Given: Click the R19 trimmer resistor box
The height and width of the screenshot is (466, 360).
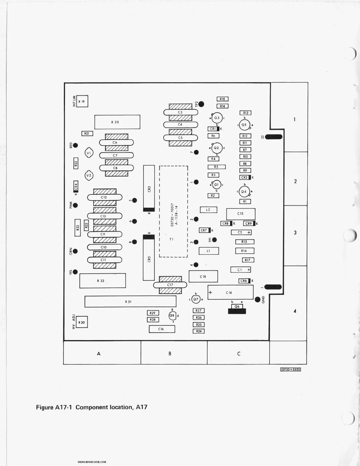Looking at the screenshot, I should pos(82,101).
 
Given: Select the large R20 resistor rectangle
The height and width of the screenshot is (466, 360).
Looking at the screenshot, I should pos(117,122).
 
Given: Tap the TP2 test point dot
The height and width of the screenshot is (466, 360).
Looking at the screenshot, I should pos(201,104).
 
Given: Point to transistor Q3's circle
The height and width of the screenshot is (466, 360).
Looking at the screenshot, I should pos(217,118).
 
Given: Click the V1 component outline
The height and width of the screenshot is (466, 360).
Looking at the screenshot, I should pos(89,153).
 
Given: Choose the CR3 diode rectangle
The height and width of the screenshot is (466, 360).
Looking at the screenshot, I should pos(149,189).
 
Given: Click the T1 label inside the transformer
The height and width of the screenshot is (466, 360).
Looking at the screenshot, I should pos(171,239).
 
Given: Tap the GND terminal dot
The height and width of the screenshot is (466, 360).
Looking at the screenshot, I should pos(258,299).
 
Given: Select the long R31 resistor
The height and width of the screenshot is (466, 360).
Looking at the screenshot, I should pos(130,302).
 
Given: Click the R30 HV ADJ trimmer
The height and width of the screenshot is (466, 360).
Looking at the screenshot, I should pos(82,322).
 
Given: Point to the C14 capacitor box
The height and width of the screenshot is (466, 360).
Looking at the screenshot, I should pos(230,292).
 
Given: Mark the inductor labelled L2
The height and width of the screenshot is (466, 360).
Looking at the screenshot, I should pos(208,210).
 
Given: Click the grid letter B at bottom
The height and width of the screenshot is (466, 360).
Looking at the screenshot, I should pos(170,354).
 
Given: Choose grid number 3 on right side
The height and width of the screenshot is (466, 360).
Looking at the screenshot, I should pos(295,233).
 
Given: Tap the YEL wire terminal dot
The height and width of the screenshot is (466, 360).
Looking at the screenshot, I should pos(75,272).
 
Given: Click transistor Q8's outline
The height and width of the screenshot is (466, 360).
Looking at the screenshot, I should pos(172,315).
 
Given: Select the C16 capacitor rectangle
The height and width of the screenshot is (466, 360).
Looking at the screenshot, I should pos(162,329).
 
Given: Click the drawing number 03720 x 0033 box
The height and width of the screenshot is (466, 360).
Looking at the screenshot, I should pos(290,370).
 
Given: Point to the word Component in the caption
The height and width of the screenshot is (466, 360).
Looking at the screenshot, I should pos(92,407).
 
